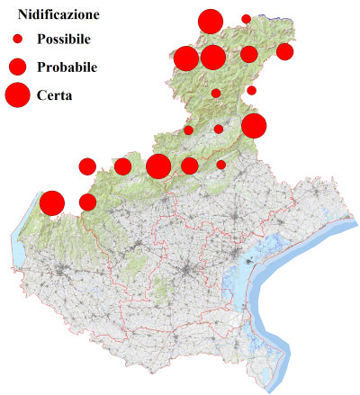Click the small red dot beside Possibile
[17, 40]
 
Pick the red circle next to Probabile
[17, 67]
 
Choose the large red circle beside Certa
[17, 94]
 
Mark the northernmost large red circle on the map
[211, 22]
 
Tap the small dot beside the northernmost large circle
[247, 19]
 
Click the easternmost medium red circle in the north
[284, 51]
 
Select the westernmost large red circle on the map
[51, 203]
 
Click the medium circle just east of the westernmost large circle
[87, 202]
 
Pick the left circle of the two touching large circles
[186, 58]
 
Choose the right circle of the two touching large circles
[213, 58]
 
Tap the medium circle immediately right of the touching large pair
[248, 55]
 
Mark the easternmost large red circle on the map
[253, 126]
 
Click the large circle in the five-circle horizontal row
[158, 166]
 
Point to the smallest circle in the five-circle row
[221, 165]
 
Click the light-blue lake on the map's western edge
[18, 256]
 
